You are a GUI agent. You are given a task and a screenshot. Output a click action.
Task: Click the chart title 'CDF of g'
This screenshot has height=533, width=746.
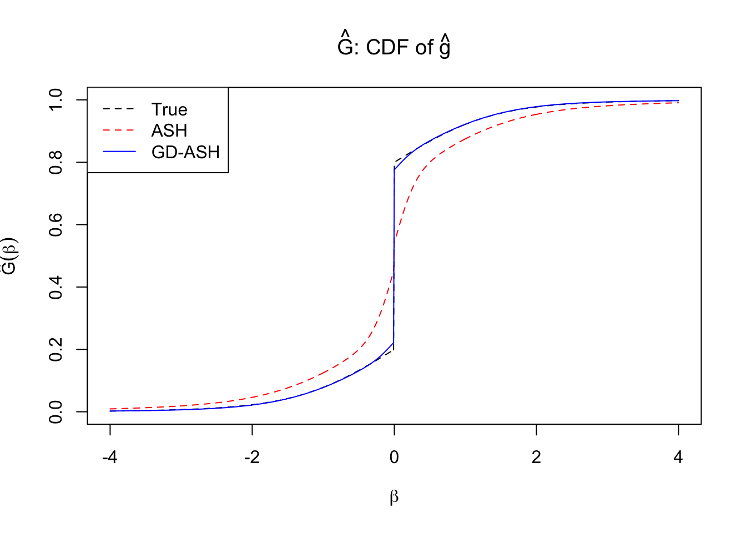(x=394, y=47)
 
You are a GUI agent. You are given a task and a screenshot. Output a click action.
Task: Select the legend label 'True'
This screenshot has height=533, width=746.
(x=169, y=109)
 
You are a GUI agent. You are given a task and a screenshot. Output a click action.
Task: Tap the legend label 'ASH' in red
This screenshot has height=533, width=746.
(x=169, y=130)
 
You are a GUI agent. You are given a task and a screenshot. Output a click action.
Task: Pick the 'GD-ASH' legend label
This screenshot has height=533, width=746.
(x=185, y=152)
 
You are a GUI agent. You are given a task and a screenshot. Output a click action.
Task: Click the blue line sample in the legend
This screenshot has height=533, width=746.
(x=119, y=152)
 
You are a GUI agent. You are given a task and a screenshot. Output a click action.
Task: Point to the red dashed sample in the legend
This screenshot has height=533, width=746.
(x=119, y=130)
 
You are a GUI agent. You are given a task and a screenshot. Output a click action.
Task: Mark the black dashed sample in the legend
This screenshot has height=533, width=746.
(x=119, y=109)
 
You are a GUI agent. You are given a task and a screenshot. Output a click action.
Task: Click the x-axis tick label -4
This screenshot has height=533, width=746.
(x=110, y=457)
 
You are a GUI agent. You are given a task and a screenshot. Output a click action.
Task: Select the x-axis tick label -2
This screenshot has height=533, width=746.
(x=252, y=457)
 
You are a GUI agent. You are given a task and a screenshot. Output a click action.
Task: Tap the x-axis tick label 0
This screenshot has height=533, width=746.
(x=394, y=457)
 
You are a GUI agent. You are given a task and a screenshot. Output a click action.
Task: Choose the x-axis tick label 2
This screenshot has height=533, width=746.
(x=536, y=457)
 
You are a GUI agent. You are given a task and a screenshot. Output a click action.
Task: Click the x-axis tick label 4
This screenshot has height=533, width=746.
(x=678, y=457)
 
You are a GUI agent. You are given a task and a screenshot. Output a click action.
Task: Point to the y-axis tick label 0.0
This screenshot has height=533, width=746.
(x=56, y=412)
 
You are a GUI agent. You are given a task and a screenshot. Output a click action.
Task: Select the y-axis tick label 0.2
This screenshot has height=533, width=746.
(x=56, y=349)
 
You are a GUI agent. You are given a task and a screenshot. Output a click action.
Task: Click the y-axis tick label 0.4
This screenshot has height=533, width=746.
(x=56, y=287)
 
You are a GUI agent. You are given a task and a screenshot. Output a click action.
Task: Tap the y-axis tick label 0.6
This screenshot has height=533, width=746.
(x=56, y=224)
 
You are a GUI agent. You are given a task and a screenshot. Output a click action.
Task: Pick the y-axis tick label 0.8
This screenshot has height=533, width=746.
(x=56, y=162)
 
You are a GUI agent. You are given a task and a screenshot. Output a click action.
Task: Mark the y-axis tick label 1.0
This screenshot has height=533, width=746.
(x=56, y=100)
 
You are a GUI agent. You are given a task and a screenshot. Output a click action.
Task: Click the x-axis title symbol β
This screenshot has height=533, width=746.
(x=394, y=497)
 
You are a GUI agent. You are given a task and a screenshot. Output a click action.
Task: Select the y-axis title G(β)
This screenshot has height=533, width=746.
(x=10, y=256)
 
